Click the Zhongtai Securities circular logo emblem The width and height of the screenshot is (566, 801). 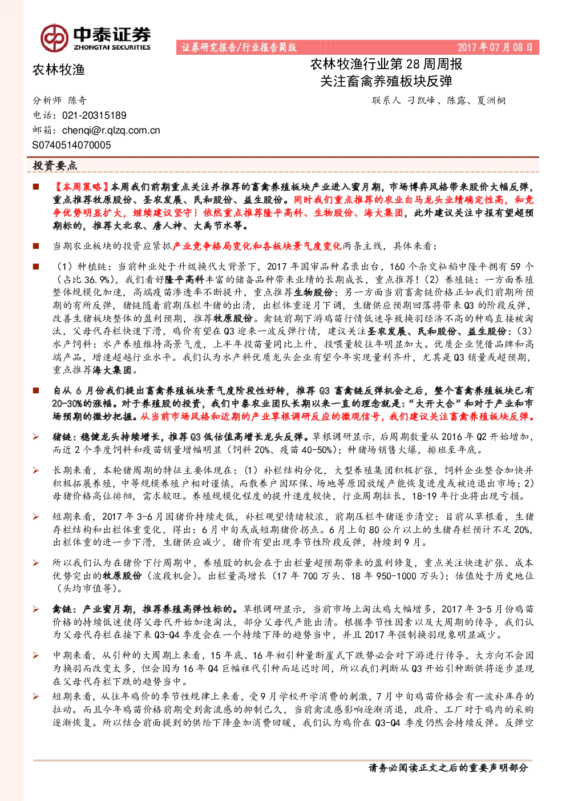tap(54, 38)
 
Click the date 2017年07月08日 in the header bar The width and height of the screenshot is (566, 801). tap(495, 47)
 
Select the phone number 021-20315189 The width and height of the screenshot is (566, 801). tap(94, 115)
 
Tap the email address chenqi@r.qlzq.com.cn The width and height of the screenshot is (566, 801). tap(111, 131)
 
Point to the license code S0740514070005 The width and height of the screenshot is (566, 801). tap(71, 145)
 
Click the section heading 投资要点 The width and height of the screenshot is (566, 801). tap(55, 166)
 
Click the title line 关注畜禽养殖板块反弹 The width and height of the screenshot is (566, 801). tap(386, 82)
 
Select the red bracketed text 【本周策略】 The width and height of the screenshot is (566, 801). tap(81, 187)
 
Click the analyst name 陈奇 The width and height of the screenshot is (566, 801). tap(78, 100)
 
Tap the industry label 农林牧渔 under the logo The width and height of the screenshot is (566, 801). tap(59, 70)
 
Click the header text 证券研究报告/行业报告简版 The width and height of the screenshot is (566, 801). tap(239, 47)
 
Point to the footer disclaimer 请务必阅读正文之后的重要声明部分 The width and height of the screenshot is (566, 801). tap(448, 768)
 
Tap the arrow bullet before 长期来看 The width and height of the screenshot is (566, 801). tap(36, 471)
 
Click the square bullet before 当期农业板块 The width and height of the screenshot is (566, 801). tap(36, 246)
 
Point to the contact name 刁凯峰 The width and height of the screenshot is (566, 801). tap(421, 100)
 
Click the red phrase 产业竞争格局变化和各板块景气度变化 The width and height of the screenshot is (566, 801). tap(257, 246)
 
